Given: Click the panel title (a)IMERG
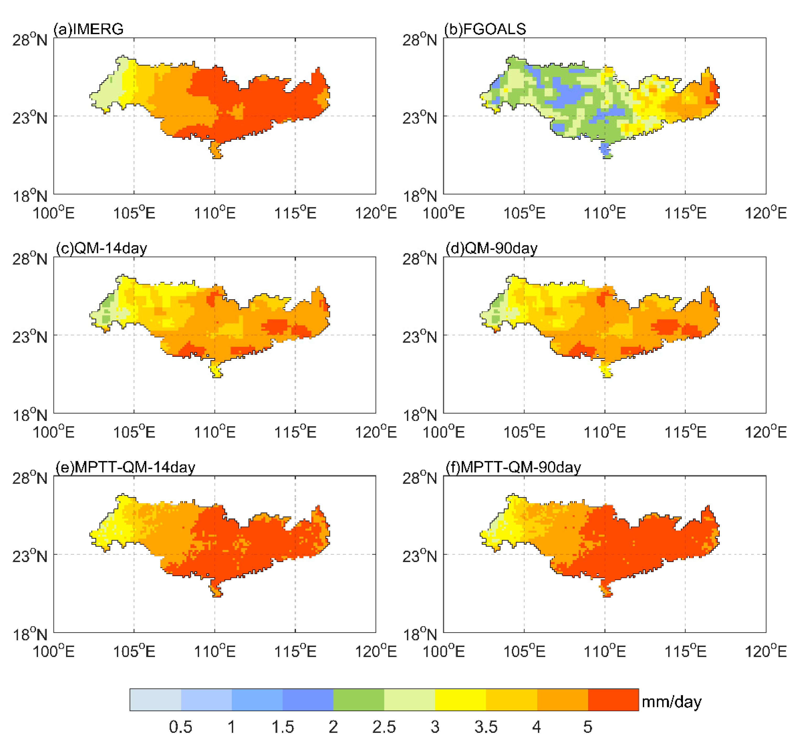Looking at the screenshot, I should [88, 29].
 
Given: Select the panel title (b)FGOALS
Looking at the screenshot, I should [485, 29].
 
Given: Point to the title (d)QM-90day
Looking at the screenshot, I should [492, 248].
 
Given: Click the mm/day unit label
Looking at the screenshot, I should [671, 702].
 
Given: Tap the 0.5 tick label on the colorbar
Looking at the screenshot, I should [180, 727].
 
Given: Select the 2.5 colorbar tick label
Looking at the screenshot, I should [384, 727].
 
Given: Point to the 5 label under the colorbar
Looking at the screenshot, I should [588, 727].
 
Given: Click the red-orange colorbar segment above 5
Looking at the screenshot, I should [613, 700].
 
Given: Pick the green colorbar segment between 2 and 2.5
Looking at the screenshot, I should [359, 700].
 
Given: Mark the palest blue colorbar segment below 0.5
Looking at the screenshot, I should [155, 700].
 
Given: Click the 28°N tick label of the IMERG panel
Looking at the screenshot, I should [29, 40].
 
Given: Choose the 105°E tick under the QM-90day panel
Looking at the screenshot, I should [524, 432].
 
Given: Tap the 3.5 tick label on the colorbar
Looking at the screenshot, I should [486, 727].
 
